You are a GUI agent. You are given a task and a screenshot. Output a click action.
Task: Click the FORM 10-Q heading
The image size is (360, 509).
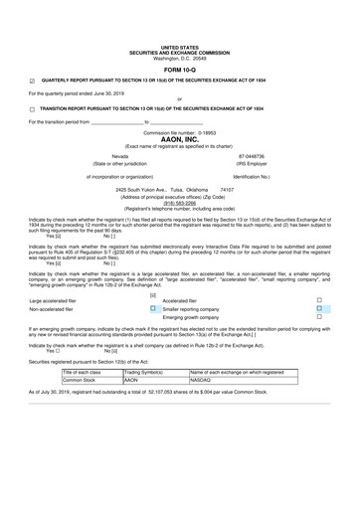pyautogui.click(x=179, y=69)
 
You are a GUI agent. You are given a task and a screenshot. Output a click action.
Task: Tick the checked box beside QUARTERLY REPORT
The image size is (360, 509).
pyautogui.click(x=32, y=82)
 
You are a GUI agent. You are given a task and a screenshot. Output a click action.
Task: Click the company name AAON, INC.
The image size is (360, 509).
pyautogui.click(x=179, y=139)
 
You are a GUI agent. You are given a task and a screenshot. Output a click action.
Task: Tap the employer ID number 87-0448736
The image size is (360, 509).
pyautogui.click(x=252, y=156)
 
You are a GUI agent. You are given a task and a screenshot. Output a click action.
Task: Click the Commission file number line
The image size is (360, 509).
pyautogui.click(x=179, y=131)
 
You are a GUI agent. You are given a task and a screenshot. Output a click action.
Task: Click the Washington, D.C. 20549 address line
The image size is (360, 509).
pyautogui.click(x=179, y=56)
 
